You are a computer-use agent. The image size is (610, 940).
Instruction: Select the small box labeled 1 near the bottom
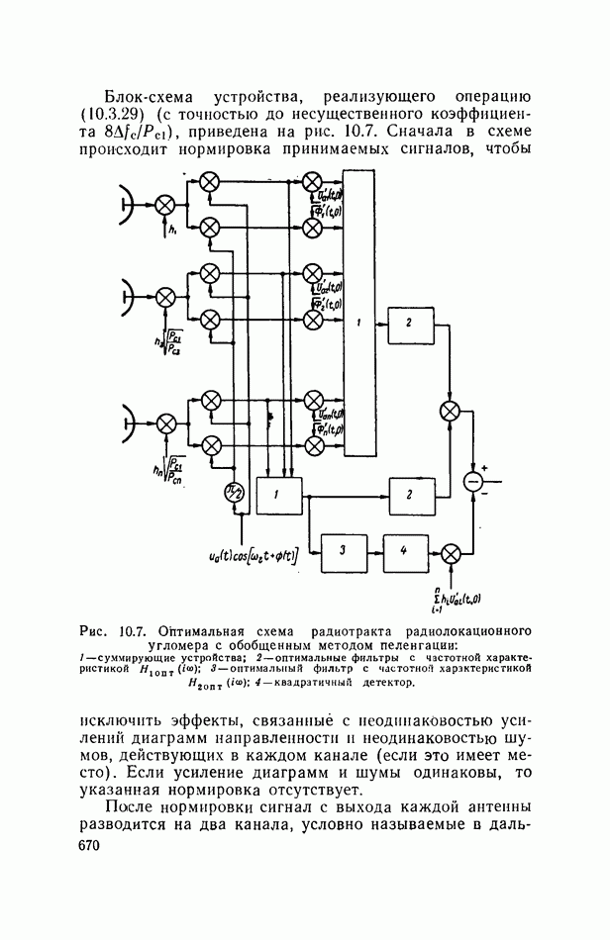(279, 494)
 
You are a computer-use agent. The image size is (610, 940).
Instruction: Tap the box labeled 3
(340, 552)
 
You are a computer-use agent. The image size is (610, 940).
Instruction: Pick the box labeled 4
(402, 552)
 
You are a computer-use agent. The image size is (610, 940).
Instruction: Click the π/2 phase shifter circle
(233, 493)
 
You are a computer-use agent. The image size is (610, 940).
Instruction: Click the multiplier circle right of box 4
(451, 552)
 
